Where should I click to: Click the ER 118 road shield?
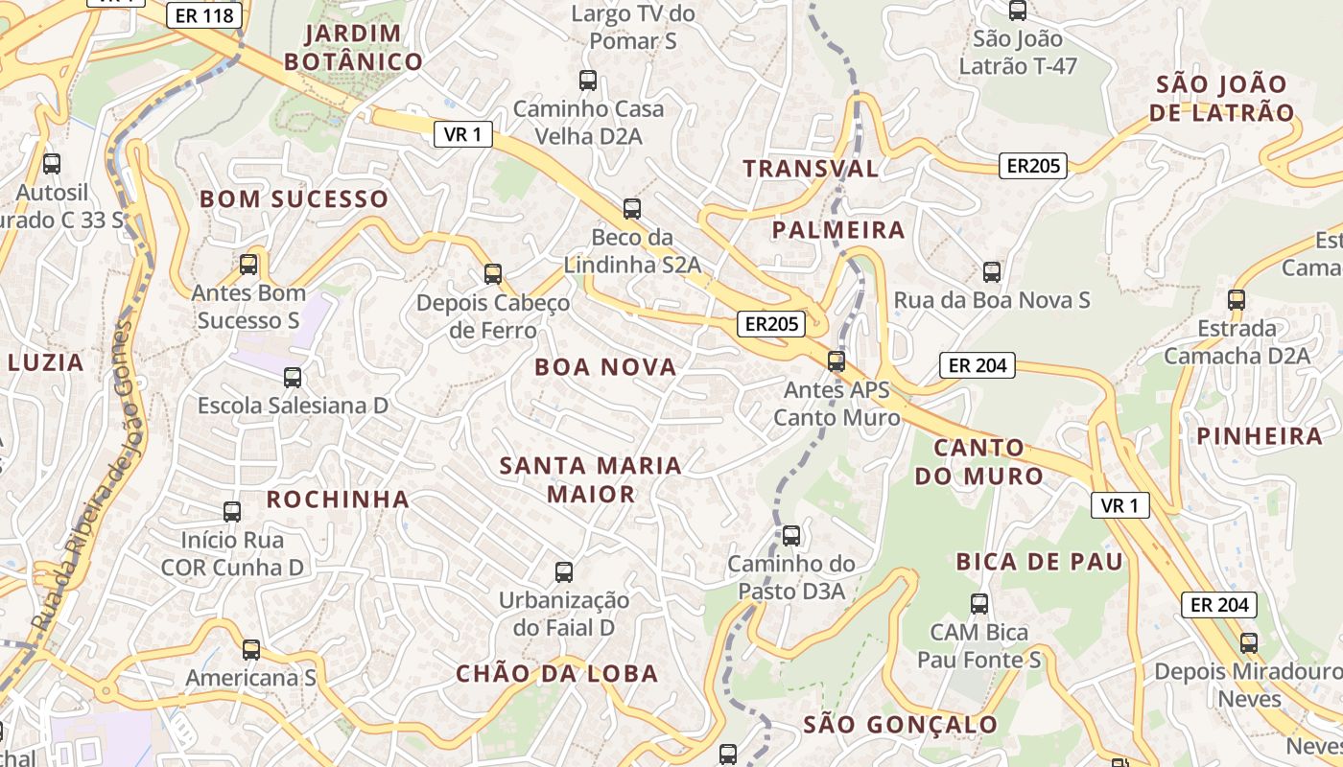click(204, 15)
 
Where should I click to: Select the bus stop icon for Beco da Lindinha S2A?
click(631, 208)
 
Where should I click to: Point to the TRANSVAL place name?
click(811, 169)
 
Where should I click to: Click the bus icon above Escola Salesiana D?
click(293, 378)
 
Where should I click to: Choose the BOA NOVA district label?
click(605, 366)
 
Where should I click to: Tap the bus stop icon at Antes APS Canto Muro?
click(836, 361)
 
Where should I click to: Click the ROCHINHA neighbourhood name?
click(338, 499)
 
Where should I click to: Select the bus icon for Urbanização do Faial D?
click(564, 572)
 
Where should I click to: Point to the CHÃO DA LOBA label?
click(557, 673)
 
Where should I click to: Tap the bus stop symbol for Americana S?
click(251, 650)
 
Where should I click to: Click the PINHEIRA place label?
click(1259, 436)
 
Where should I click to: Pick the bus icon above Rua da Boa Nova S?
click(992, 272)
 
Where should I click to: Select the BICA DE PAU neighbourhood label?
click(1039, 562)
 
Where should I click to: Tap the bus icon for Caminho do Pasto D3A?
click(791, 536)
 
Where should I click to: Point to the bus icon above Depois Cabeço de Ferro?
click(493, 274)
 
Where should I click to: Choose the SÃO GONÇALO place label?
click(900, 724)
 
